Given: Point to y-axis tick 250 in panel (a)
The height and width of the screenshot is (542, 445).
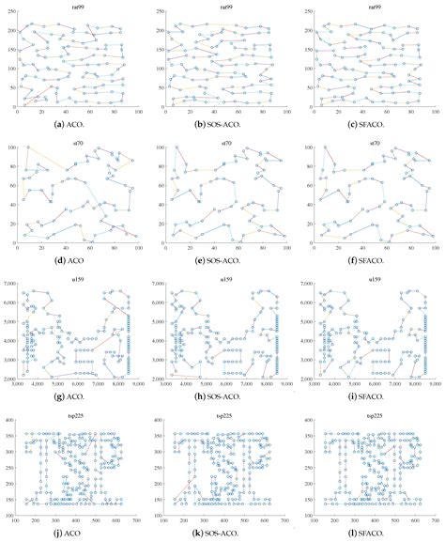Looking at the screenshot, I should tap(9, 11).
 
